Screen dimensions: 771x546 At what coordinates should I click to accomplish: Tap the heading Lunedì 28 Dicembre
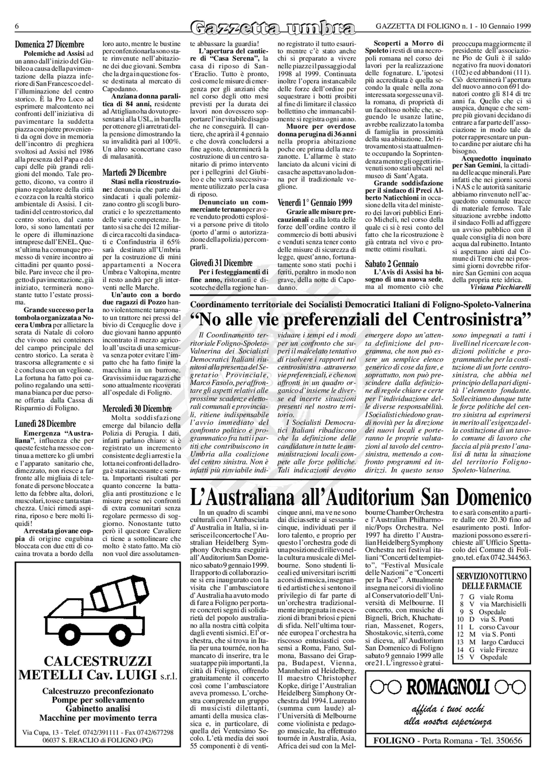(x=45, y=424)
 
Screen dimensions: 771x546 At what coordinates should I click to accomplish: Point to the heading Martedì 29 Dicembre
(x=134, y=173)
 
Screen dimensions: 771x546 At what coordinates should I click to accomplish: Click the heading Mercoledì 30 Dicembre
(x=137, y=409)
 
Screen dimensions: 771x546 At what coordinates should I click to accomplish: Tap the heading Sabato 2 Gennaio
(x=392, y=264)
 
